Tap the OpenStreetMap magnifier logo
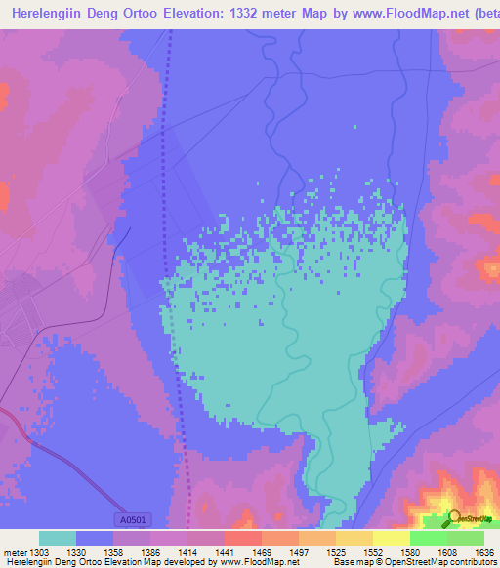pyautogui.click(x=454, y=518)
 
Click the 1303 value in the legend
pyautogui.click(x=38, y=552)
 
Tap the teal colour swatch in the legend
pyautogui.click(x=57, y=538)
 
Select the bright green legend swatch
pyautogui.click(x=428, y=538)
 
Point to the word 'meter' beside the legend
pyautogui.click(x=14, y=552)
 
